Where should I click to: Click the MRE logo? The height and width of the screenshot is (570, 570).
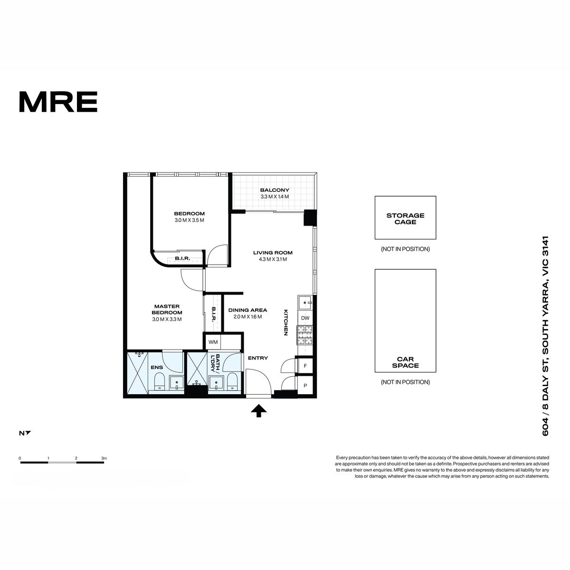[x=58, y=102]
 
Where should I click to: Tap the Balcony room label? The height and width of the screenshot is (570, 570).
[x=275, y=190]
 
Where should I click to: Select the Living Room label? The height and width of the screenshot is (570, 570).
[x=273, y=253]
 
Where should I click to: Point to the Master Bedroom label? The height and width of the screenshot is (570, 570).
[x=167, y=309]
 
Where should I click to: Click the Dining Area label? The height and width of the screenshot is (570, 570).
[x=247, y=310]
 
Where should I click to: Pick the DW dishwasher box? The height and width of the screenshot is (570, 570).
[x=305, y=318]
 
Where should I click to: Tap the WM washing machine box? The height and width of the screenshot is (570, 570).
[x=213, y=342]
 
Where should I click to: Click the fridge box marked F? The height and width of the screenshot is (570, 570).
[x=305, y=366]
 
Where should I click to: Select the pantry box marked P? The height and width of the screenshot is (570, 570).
[x=305, y=385]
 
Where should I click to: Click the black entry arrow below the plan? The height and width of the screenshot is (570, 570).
[x=259, y=411]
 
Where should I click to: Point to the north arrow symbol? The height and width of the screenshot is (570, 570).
[x=28, y=433]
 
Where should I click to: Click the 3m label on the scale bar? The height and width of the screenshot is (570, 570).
[x=104, y=458]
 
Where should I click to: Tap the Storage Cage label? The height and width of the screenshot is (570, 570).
[x=405, y=218]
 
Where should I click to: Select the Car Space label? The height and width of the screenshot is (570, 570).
[x=405, y=362]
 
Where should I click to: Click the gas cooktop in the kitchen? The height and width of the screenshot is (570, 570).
[x=305, y=335]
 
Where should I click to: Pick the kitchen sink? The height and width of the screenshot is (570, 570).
[x=305, y=303]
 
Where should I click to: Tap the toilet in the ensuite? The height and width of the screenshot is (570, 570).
[x=160, y=381]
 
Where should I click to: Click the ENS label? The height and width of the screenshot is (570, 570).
[x=157, y=367]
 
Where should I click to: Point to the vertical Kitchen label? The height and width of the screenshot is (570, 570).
[x=286, y=323]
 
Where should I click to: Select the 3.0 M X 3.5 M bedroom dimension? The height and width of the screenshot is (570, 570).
[x=190, y=220]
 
